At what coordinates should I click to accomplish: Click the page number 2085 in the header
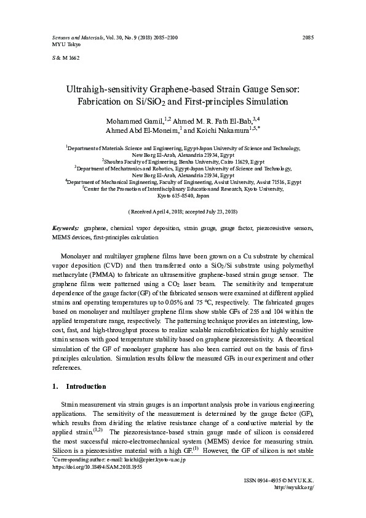(x=308, y=38)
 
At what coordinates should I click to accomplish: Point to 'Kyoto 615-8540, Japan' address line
(x=183, y=195)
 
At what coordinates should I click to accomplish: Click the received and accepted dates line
(x=183, y=211)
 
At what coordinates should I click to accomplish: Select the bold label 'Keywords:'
(x=66, y=228)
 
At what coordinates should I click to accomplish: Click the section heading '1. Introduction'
(x=79, y=386)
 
